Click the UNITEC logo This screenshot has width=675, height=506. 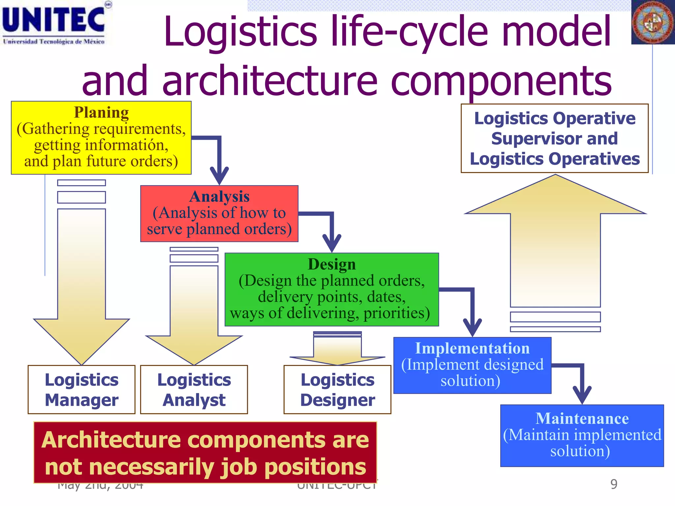click(54, 23)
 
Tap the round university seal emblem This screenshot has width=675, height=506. click(652, 22)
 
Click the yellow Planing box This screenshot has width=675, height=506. click(101, 138)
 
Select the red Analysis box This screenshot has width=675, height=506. click(219, 213)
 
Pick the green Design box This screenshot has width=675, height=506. click(332, 290)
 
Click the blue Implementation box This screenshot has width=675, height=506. click(472, 365)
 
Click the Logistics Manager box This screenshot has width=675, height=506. click(81, 389)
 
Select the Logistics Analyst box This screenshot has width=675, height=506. click(194, 389)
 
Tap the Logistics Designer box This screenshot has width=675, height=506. click(337, 389)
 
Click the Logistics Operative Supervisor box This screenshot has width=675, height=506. click(554, 138)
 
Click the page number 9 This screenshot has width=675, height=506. click(614, 484)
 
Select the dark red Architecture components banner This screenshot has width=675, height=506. click(205, 453)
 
